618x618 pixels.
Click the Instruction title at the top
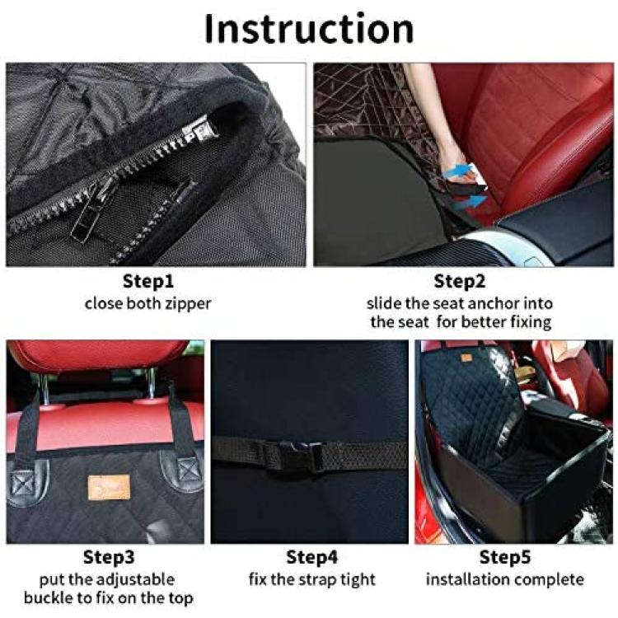[x=309, y=29]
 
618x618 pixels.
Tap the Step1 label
[x=148, y=282]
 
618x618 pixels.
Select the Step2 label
[x=460, y=282]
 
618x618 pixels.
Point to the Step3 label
[x=109, y=558]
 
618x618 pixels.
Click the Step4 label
[x=311, y=558]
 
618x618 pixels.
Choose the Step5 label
[x=505, y=558]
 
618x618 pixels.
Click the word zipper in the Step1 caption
[x=189, y=304]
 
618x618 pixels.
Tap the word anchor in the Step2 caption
[x=494, y=303]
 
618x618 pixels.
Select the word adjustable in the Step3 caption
[x=135, y=580]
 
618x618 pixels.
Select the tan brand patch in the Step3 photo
[x=109, y=487]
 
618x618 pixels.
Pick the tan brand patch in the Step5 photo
[x=466, y=358]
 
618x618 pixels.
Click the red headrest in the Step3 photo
[x=96, y=355]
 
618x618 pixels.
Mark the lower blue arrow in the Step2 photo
[x=470, y=203]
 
